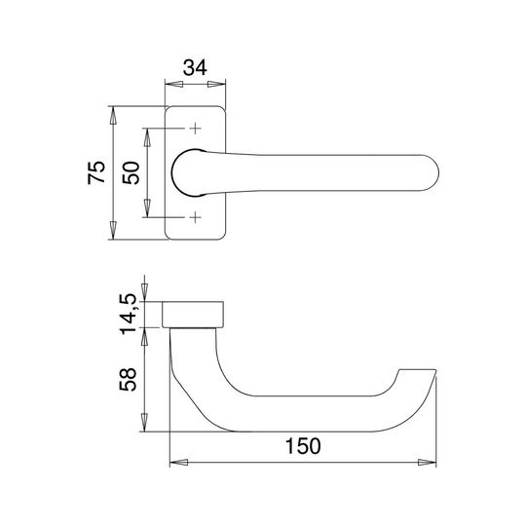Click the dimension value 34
195,68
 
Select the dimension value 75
96,172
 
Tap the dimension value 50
131,172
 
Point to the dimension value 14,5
129,314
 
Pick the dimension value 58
129,380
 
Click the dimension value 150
303,446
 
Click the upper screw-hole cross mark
195,129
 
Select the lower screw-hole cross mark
195,217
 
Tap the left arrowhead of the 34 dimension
174,84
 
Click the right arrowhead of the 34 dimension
216,84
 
